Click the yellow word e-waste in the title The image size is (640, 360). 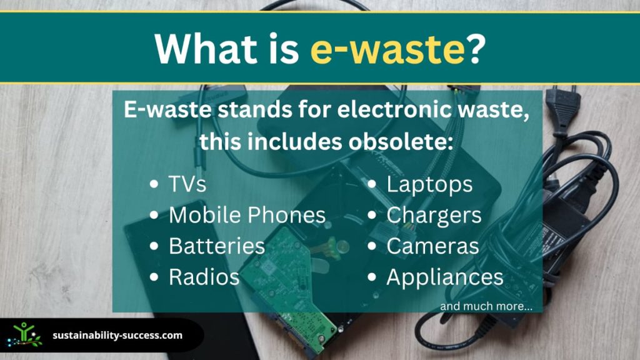click(x=387, y=49)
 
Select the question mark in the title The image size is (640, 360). click(x=476, y=48)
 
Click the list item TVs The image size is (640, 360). click(x=187, y=184)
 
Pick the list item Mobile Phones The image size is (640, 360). click(x=247, y=215)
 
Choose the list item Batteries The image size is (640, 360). click(x=217, y=246)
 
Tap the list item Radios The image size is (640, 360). click(x=204, y=277)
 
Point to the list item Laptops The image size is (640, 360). click(x=429, y=184)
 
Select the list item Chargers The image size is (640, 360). click(x=434, y=216)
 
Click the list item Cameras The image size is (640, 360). click(x=432, y=246)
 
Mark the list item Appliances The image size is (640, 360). click(x=445, y=277)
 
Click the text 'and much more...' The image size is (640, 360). click(x=486, y=306)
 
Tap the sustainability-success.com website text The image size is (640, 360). click(x=117, y=336)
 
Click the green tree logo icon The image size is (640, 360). click(x=25, y=335)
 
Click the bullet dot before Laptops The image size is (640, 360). click(x=371, y=184)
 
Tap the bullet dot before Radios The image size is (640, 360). click(x=154, y=277)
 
